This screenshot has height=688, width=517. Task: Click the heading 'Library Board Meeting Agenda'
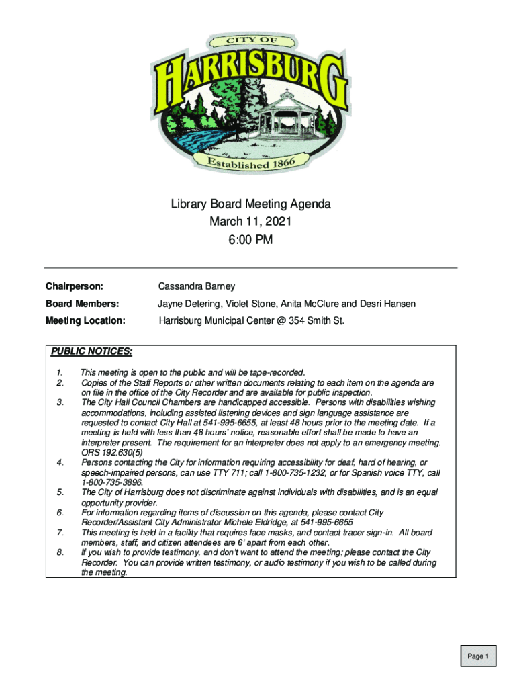(250, 204)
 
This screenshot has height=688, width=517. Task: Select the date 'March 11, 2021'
(250, 222)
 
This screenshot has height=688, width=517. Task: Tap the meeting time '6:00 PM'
(250, 239)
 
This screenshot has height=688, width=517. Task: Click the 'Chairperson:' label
(74, 287)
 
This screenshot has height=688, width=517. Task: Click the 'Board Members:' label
(82, 304)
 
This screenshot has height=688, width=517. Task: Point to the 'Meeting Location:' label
(85, 320)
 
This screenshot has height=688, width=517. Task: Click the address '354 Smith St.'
(316, 320)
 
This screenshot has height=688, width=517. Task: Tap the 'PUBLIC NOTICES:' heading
(91, 351)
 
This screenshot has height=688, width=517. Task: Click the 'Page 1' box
(478, 656)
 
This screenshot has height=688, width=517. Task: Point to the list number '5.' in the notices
(60, 492)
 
